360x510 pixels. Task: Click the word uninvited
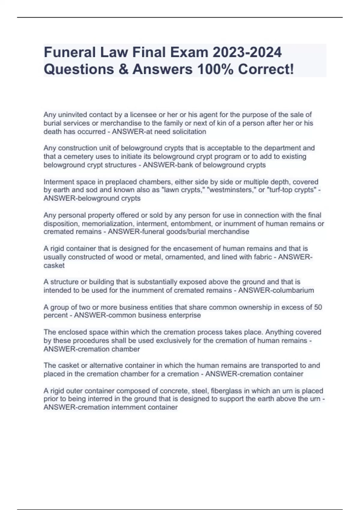tap(73, 115)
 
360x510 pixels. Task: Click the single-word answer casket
tap(54, 265)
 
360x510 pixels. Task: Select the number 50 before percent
tap(318, 307)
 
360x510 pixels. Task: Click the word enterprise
tap(185, 315)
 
